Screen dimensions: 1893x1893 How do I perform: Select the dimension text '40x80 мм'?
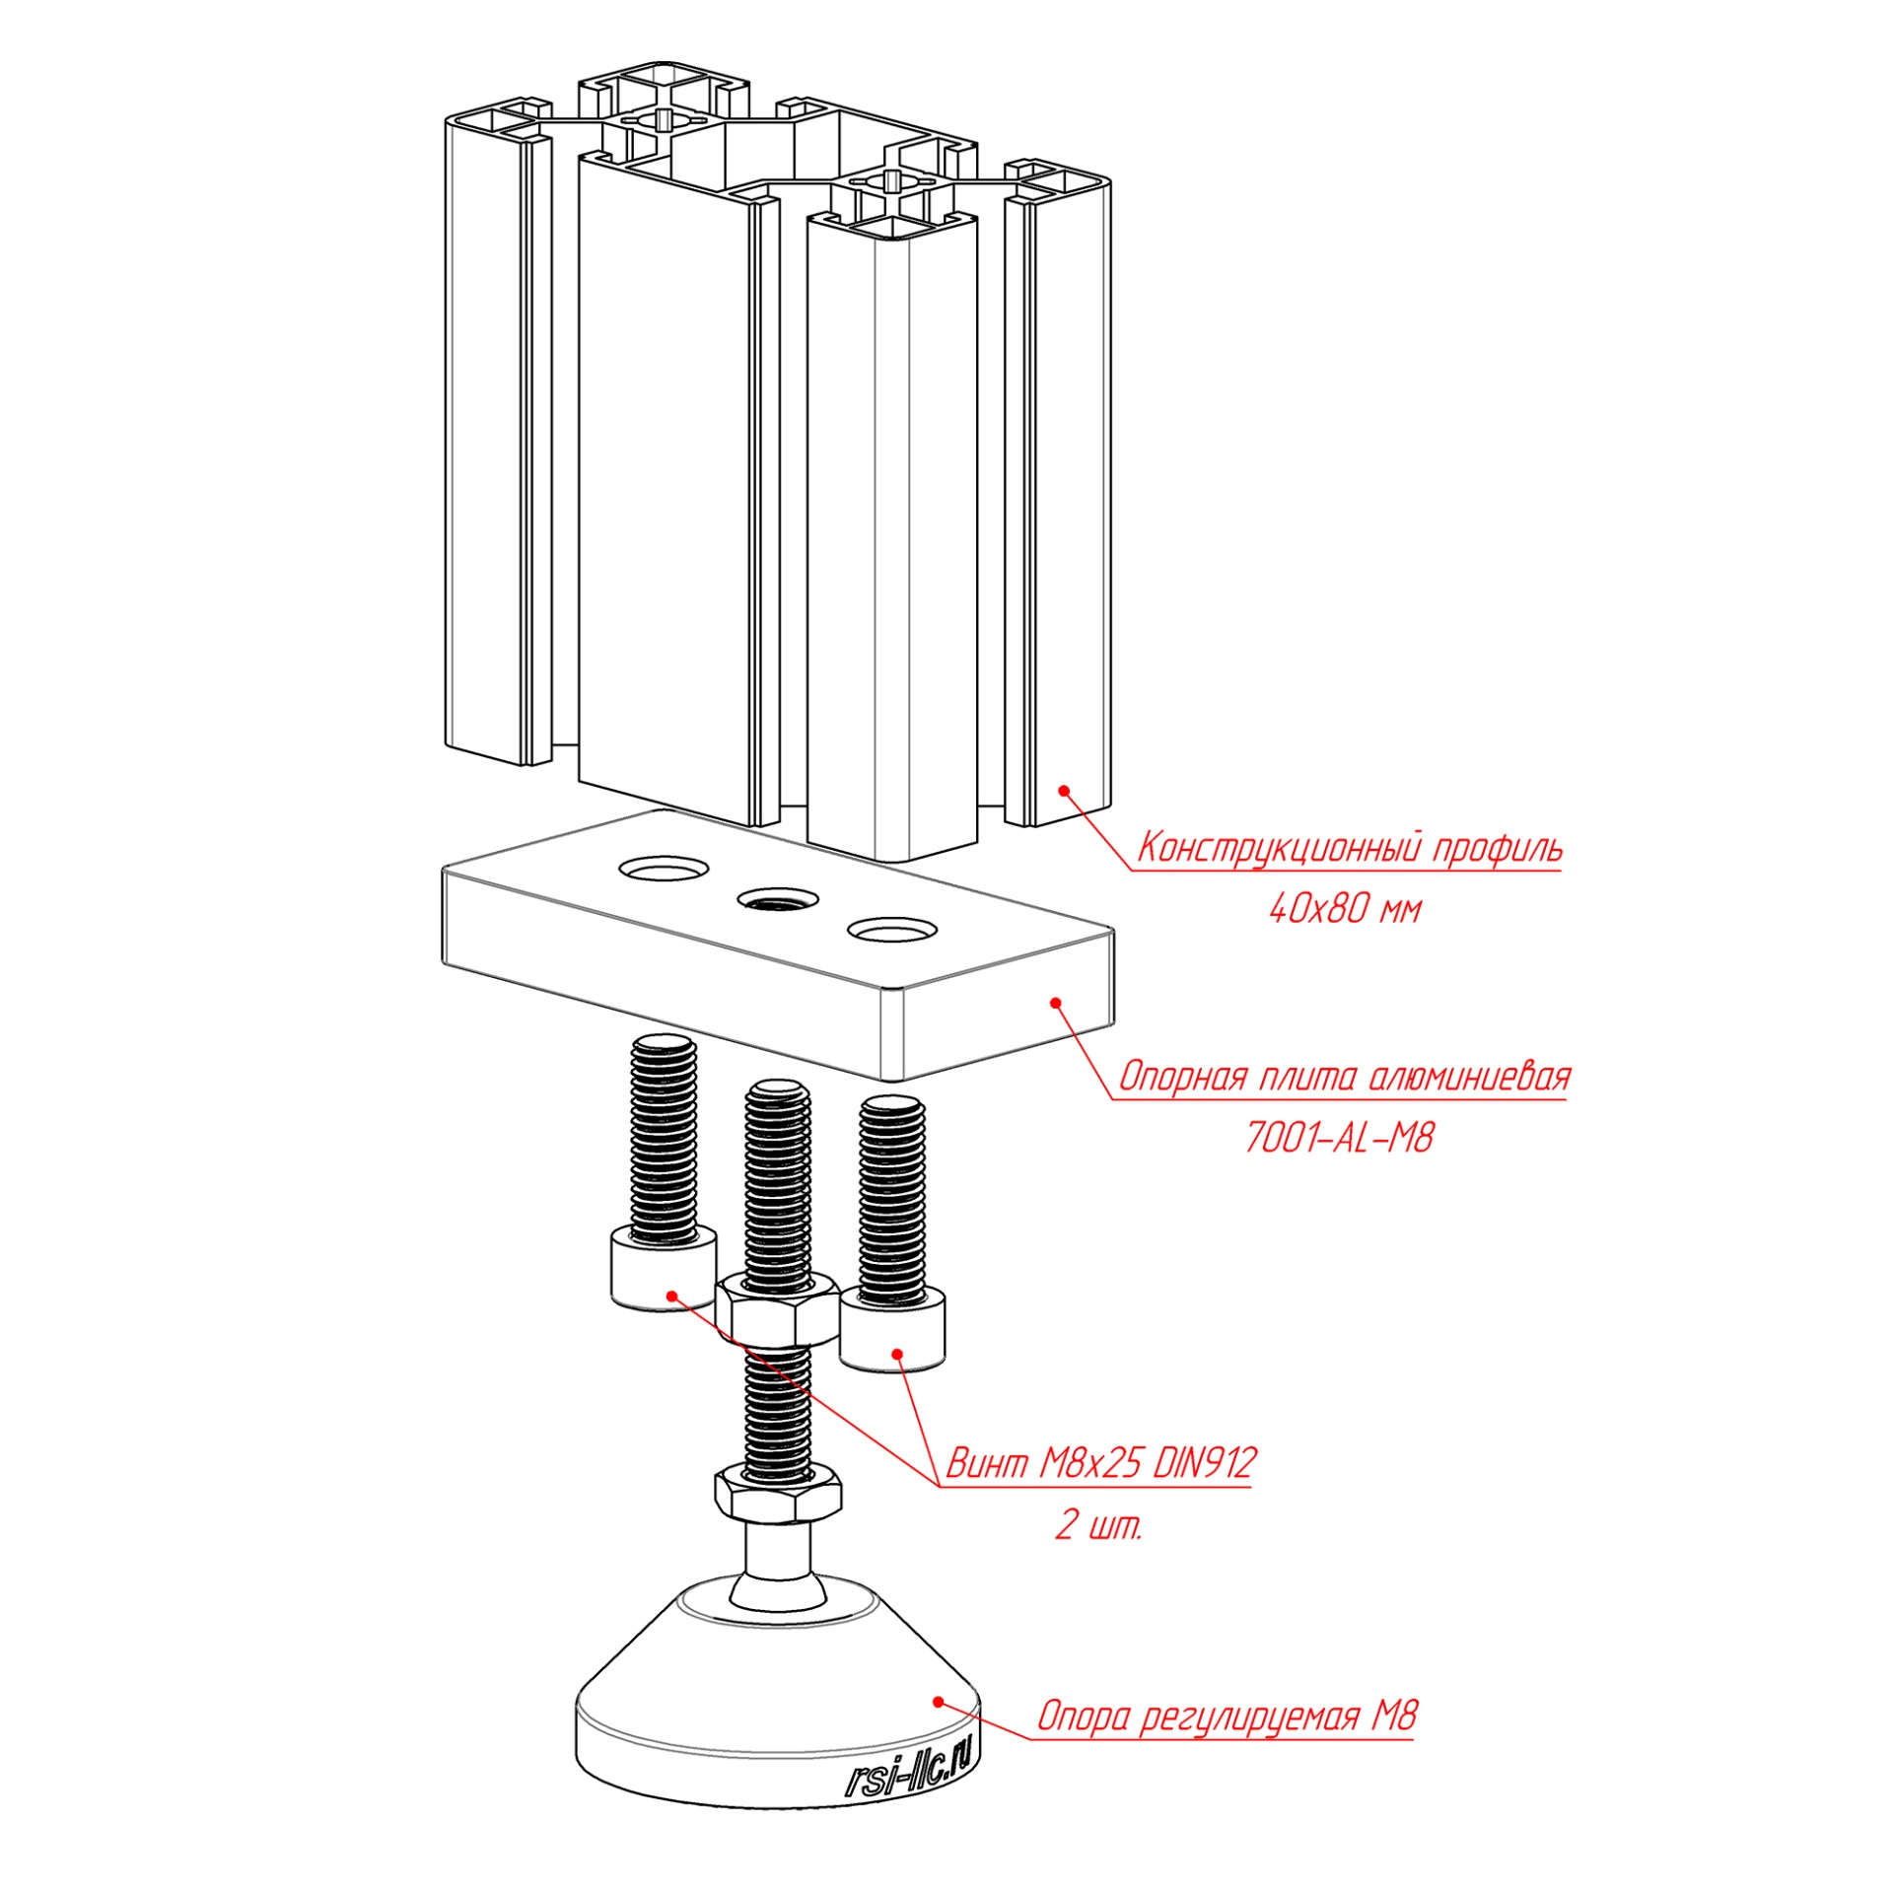click(x=1345, y=909)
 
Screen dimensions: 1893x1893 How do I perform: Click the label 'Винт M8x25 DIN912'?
click(x=1100, y=1463)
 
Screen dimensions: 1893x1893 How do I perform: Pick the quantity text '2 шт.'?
click(x=1098, y=1526)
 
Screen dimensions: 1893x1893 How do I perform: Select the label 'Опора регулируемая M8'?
click(x=1227, y=1717)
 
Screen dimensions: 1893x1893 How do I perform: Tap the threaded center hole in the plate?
click(x=778, y=899)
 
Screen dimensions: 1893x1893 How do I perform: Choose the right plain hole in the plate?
click(x=891, y=929)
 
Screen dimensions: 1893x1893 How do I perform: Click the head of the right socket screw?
click(x=891, y=1331)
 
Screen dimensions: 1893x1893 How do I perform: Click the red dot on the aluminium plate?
click(x=1056, y=1003)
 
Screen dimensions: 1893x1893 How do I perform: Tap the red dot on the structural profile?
click(x=1064, y=790)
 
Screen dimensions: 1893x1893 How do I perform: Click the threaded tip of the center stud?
click(x=778, y=1094)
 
